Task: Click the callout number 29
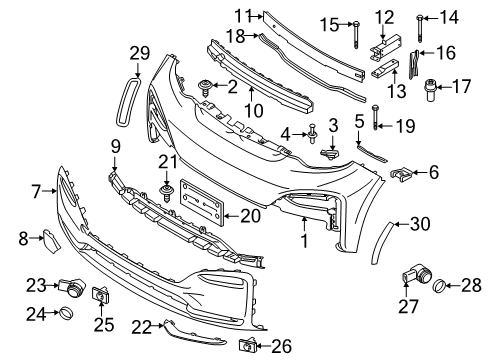[138, 53]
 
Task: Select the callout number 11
[242, 15]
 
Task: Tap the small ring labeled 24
[64, 315]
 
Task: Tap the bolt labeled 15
[356, 31]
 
